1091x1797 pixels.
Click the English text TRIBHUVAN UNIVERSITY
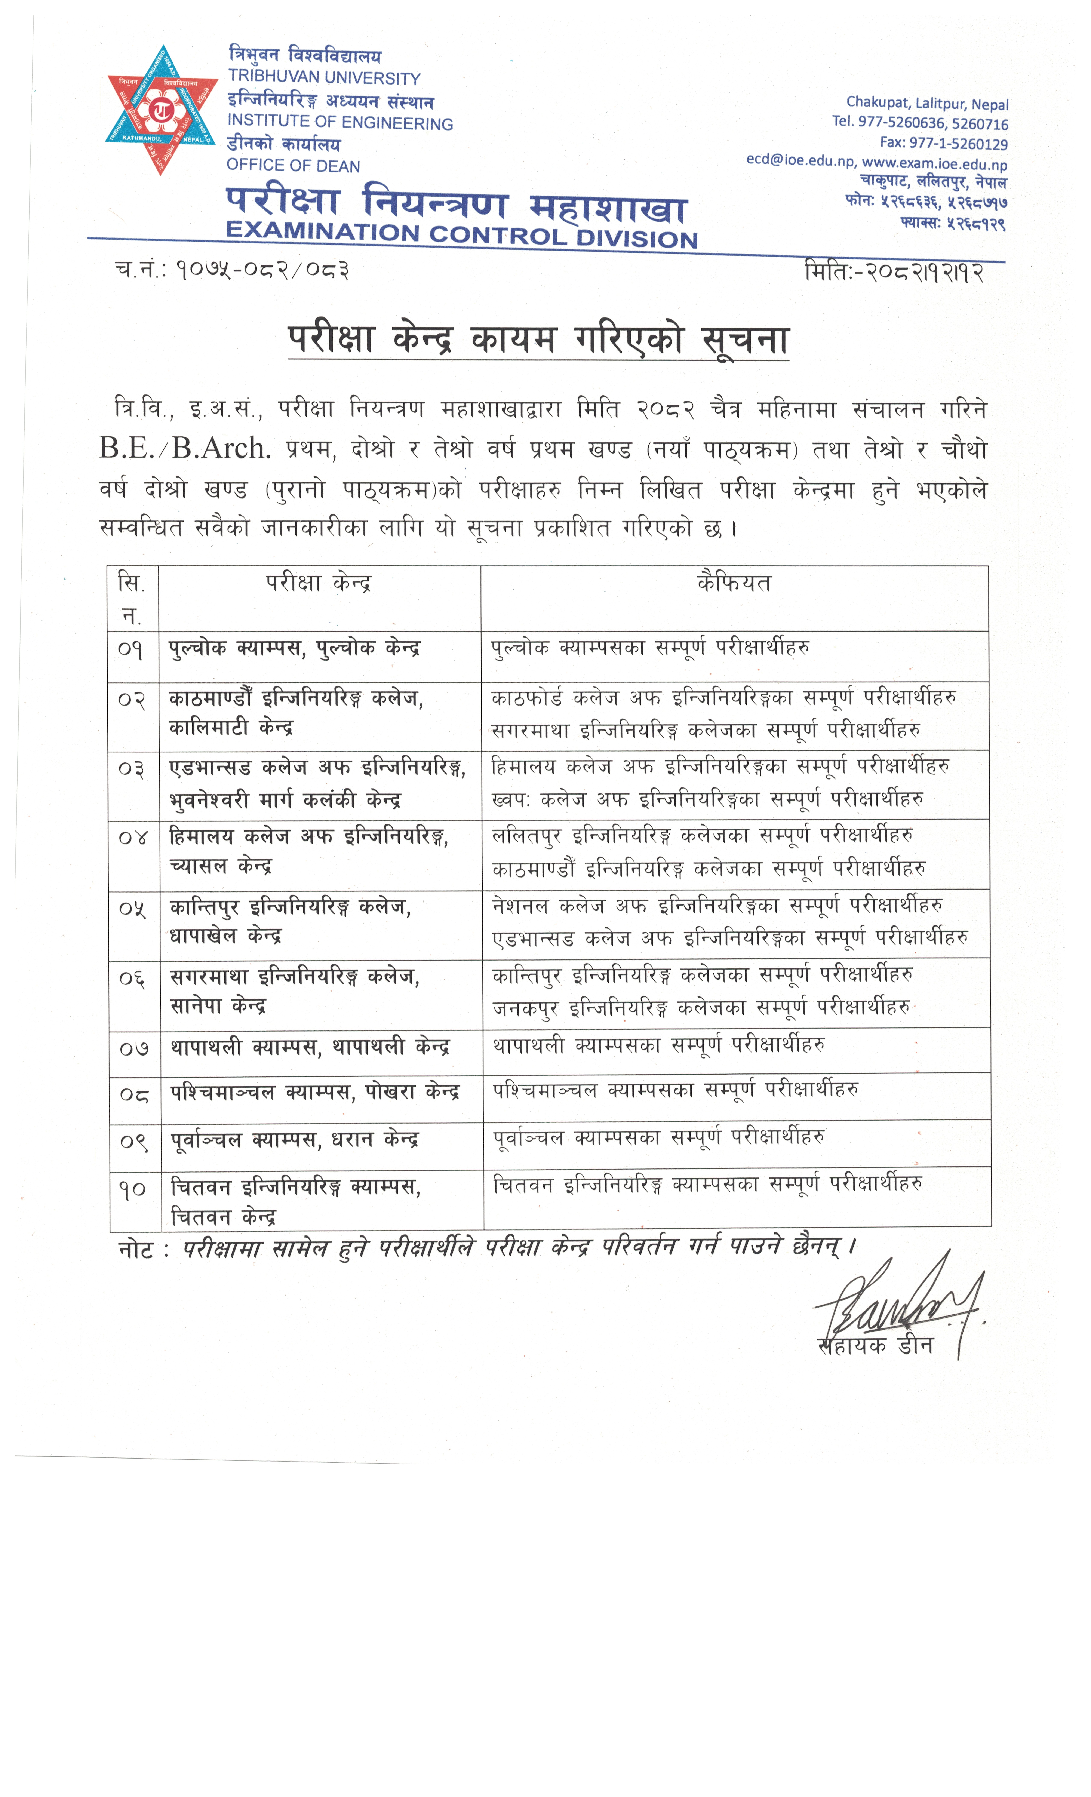324,77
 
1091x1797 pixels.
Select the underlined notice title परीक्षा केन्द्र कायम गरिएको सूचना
538,340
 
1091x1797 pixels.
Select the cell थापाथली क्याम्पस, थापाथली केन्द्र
310,1047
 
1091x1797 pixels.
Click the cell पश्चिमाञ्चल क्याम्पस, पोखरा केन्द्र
315,1093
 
